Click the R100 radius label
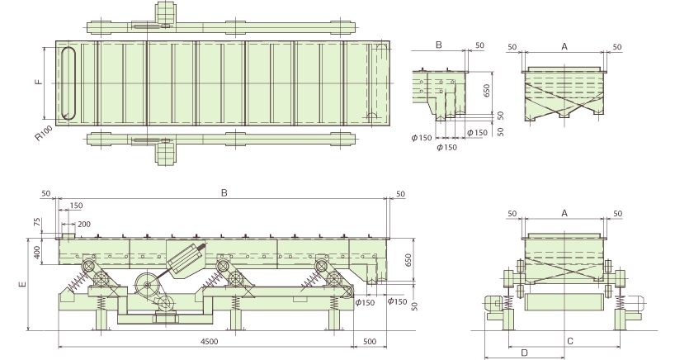pos(44,133)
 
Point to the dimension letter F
pos(39,82)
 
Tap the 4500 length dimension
pos(210,342)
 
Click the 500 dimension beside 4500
pos(370,342)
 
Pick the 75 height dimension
pos(37,222)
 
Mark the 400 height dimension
pos(37,252)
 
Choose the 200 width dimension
pos(84,224)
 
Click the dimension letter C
pos(570,342)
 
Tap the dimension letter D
pos(524,353)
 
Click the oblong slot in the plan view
pos(68,83)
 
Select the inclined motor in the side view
pos(186,259)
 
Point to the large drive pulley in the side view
pos(147,285)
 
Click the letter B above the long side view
pos(224,192)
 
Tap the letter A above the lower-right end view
pos(564,213)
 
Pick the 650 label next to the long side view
pos(408,260)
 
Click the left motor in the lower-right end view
pos(493,304)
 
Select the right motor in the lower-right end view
pos(634,303)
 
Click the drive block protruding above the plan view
pos(166,13)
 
